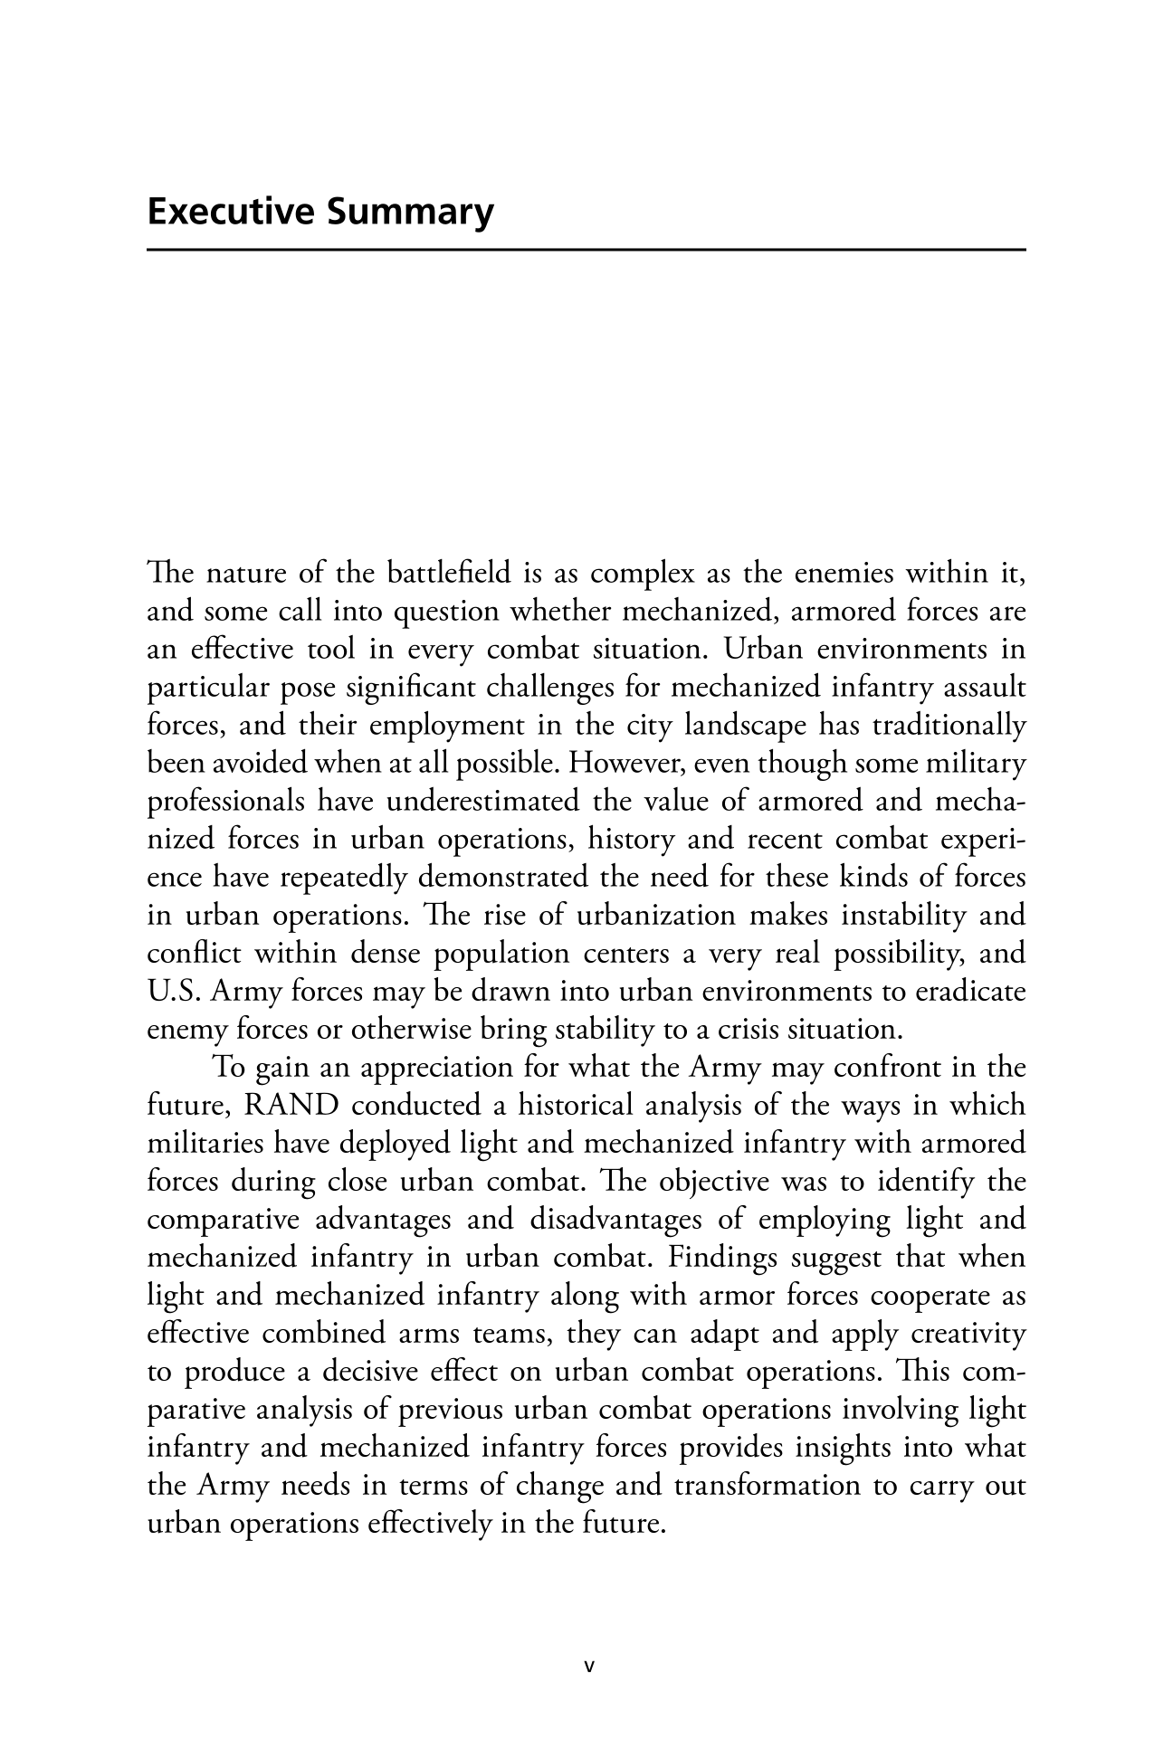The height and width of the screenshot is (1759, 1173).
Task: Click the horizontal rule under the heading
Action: [586, 249]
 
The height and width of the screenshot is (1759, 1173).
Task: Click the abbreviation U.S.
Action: [175, 992]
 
